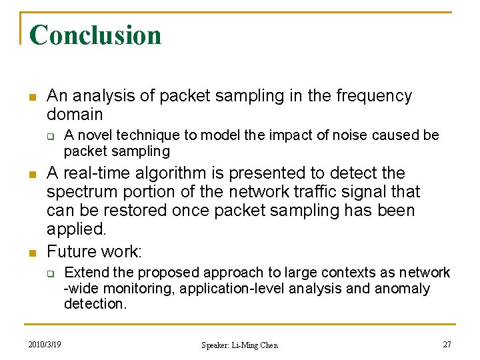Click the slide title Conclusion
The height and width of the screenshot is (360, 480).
95,35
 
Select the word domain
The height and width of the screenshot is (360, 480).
75,114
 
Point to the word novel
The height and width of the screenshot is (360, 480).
97,135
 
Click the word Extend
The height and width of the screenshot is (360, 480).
85,273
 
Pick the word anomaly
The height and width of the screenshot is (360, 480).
403,289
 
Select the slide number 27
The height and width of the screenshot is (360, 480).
447,344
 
